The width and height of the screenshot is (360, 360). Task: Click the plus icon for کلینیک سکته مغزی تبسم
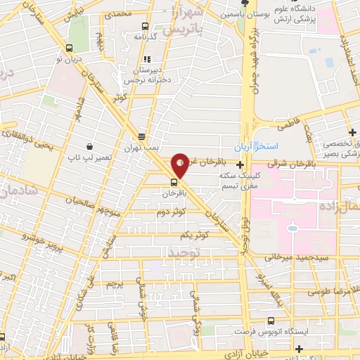[x=240, y=164]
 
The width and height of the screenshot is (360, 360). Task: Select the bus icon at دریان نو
[x=68, y=48]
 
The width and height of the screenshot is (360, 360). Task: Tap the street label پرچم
[x=114, y=284]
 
